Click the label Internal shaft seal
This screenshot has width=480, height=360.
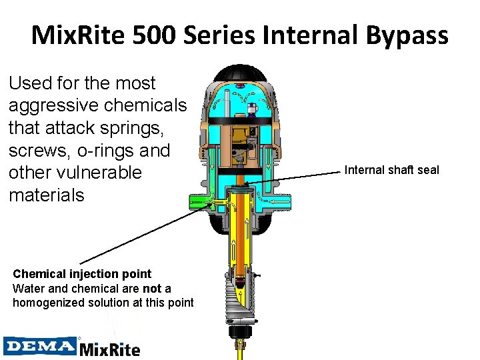coord(391,170)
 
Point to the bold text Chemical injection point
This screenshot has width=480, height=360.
coord(82,274)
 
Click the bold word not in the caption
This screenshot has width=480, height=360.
coord(153,288)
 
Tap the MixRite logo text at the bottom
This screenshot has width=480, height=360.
coord(110,349)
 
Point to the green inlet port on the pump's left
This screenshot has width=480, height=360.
coord(201,201)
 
